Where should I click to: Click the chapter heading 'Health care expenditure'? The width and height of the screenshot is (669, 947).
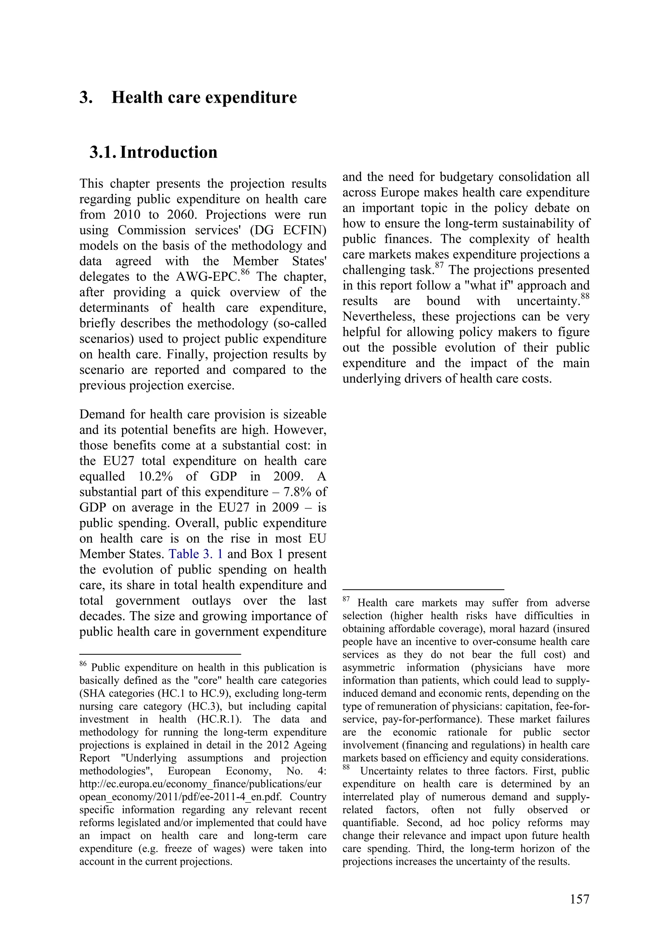(204, 98)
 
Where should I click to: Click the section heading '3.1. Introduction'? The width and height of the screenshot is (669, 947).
(153, 152)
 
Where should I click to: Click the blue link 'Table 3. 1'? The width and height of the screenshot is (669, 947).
(196, 554)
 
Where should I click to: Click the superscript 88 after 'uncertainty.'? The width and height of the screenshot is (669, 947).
(585, 296)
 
